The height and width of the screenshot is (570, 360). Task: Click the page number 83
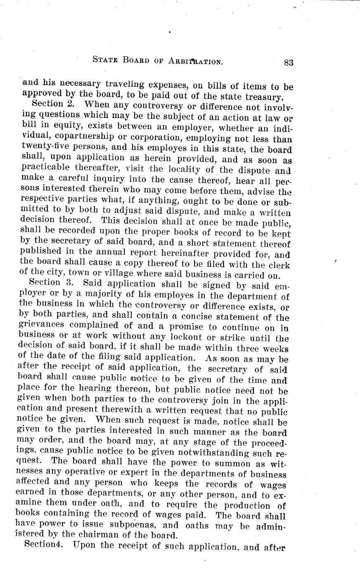[288, 62]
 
